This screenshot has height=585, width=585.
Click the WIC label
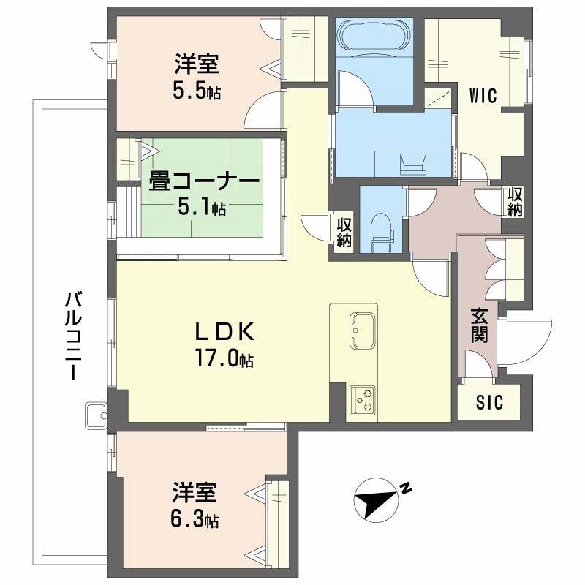(x=483, y=95)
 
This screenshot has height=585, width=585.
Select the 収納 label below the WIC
(x=516, y=201)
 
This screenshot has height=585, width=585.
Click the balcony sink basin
(x=96, y=415)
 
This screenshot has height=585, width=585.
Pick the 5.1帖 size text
(x=203, y=208)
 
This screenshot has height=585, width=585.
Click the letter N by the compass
(x=406, y=488)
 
